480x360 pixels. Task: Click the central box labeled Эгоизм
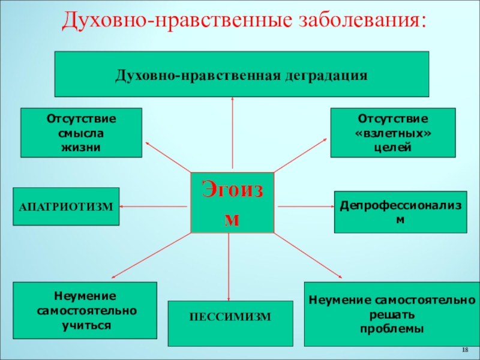232,203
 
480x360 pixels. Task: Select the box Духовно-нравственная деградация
242,74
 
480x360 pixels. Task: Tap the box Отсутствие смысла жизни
82,133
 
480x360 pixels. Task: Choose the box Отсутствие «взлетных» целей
393,133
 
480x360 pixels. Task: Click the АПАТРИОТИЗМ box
66,206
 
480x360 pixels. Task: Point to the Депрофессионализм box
400,212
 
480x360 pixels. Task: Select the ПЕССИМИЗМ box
230,323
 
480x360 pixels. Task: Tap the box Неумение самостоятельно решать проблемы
392,314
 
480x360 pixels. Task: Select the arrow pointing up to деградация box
232,132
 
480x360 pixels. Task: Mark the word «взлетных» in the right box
393,133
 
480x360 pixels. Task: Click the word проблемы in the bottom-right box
392,329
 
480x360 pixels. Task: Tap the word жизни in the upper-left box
82,147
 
